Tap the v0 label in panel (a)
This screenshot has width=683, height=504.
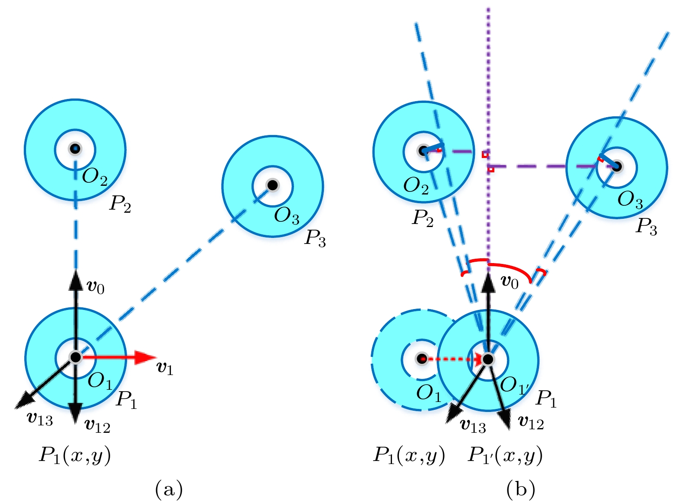coord(96,287)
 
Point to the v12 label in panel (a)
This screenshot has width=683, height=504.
coord(98,426)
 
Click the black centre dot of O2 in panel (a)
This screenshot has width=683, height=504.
coord(75,149)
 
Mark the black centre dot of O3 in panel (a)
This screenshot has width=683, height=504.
coord(272,185)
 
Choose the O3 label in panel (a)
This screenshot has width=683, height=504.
coord(287,215)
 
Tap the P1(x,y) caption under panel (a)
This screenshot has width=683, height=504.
coord(75,455)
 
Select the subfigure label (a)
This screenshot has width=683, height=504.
coord(169,489)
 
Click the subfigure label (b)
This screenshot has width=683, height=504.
coord(520,489)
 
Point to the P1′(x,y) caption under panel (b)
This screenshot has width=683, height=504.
coord(505,455)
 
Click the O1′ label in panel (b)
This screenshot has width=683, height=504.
coord(514,385)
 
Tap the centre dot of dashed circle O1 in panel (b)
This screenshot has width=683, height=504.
coord(422,359)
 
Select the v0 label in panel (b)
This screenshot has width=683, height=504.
coord(510,282)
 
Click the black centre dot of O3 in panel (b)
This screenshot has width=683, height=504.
coord(618,166)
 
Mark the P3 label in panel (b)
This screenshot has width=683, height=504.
coord(646,226)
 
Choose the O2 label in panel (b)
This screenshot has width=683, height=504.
coord(416,186)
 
